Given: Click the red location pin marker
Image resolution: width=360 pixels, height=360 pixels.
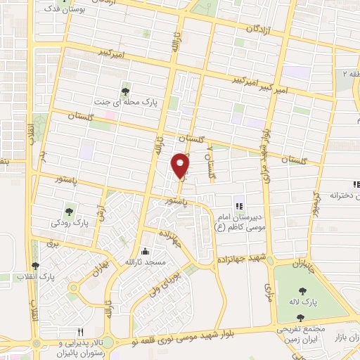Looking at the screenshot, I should [x=181, y=165].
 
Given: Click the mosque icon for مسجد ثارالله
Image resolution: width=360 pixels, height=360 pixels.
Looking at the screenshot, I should [x=145, y=251].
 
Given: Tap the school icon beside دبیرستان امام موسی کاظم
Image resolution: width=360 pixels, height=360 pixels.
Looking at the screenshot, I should [x=239, y=206].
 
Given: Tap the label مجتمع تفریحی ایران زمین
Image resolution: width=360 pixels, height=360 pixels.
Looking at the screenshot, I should [x=308, y=333].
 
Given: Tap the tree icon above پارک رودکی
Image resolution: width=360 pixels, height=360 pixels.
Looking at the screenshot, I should [x=69, y=210].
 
